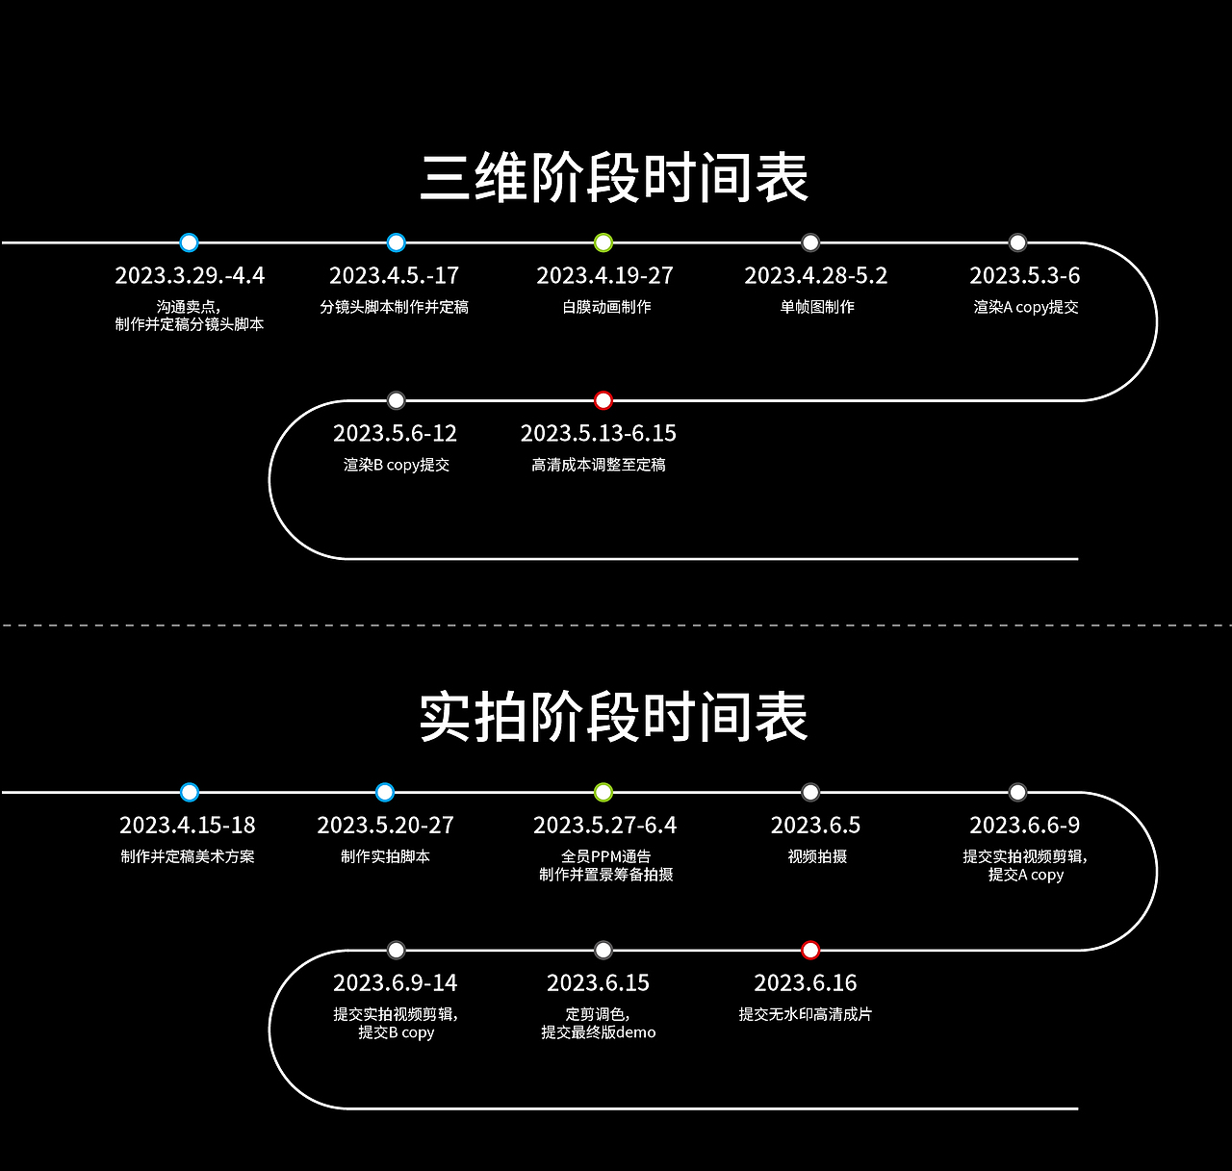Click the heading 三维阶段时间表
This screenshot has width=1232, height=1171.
pyautogui.click(x=614, y=178)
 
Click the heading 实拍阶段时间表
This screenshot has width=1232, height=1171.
pyautogui.click(x=614, y=717)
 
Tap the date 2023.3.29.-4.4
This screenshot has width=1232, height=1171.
pyautogui.click(x=190, y=276)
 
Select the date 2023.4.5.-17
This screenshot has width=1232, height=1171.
pyautogui.click(x=394, y=276)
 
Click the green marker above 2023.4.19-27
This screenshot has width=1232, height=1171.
pyautogui.click(x=603, y=242)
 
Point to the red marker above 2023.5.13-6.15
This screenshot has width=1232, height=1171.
pyautogui.click(x=603, y=400)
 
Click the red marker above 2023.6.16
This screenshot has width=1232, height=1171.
pyautogui.click(x=810, y=951)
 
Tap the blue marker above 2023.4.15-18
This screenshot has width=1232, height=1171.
pyautogui.click(x=190, y=793)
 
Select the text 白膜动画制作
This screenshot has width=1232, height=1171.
pyautogui.click(x=606, y=307)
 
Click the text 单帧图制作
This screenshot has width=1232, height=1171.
pyautogui.click(x=817, y=307)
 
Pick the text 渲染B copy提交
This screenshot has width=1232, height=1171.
pyautogui.click(x=397, y=465)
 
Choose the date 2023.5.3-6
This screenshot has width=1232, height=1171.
pyautogui.click(x=1024, y=276)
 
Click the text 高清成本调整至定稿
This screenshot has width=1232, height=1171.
pyautogui.click(x=599, y=465)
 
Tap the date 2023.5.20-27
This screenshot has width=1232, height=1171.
pyautogui.click(x=385, y=826)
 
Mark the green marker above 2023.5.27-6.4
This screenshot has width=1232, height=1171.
pyautogui.click(x=603, y=793)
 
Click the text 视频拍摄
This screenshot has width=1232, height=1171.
pyautogui.click(x=817, y=856)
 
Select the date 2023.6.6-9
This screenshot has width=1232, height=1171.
pyautogui.click(x=1024, y=826)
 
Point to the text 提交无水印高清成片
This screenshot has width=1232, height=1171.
pyautogui.click(x=806, y=1014)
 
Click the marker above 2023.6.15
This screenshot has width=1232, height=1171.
pyautogui.click(x=603, y=951)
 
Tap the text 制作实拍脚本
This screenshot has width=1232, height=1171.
pyautogui.click(x=385, y=856)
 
